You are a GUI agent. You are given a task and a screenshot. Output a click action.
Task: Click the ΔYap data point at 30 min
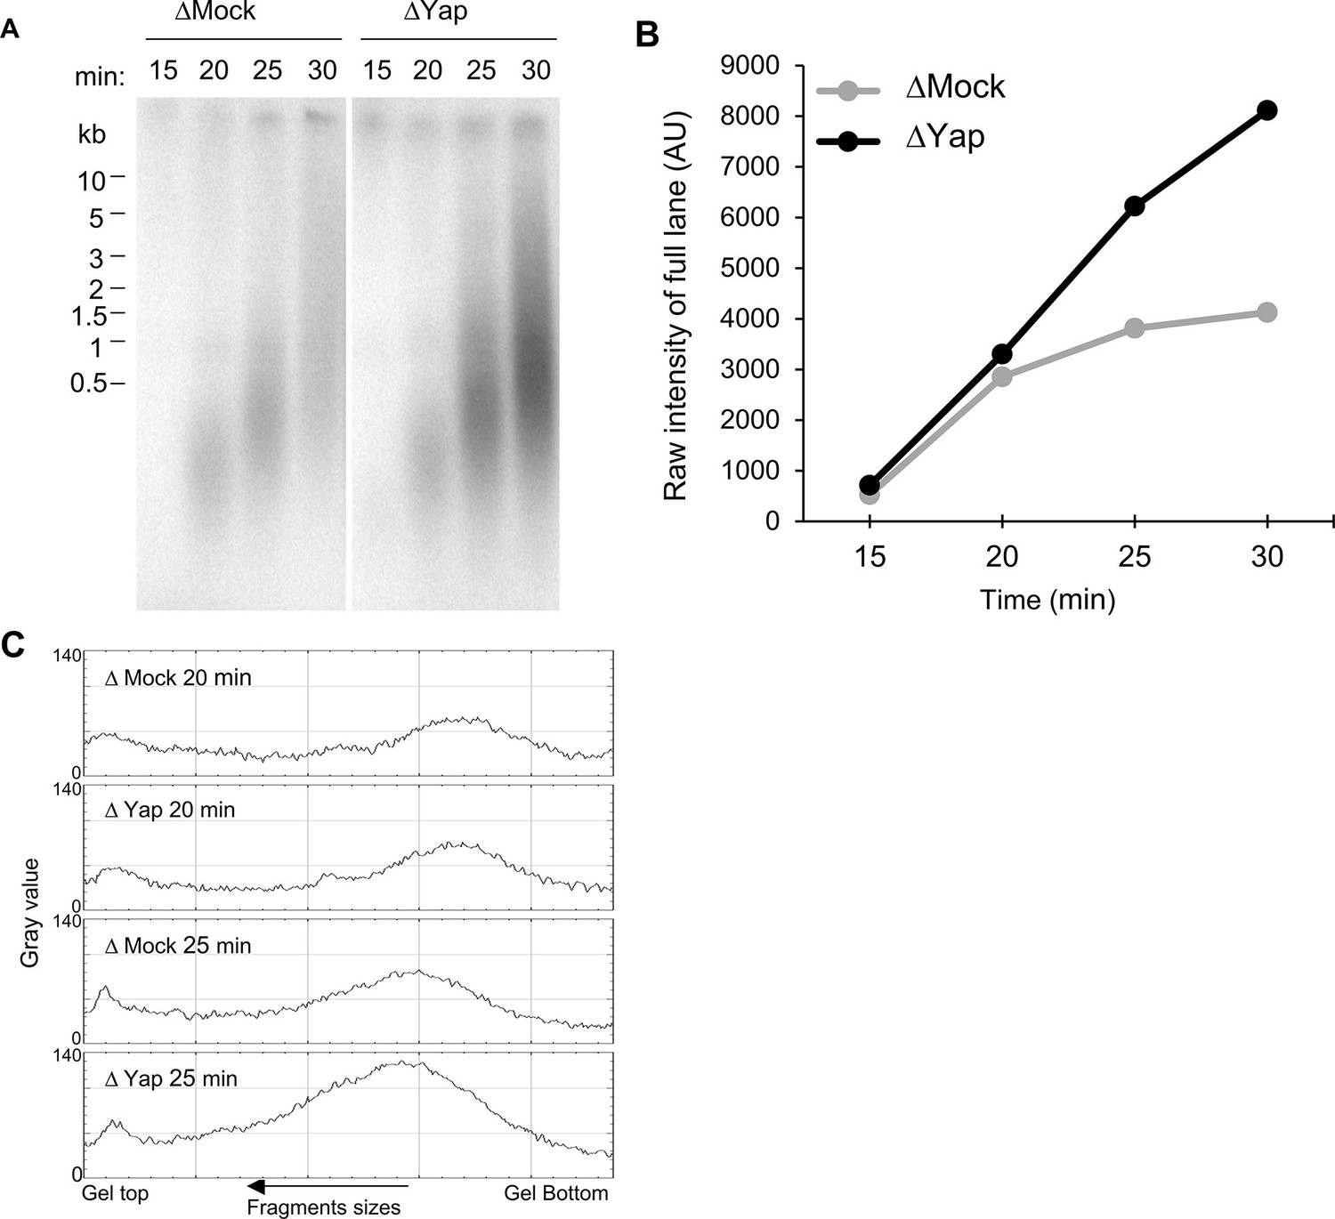[x=1266, y=110]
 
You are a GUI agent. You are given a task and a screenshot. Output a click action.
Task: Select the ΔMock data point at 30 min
[x=1266, y=312]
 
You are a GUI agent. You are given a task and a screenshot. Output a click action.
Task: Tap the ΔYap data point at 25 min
[x=1134, y=206]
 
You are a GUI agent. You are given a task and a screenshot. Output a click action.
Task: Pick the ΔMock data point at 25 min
[x=1134, y=328]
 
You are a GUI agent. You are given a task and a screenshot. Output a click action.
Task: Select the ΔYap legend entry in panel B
[x=943, y=138]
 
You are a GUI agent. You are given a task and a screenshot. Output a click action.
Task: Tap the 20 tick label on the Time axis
[x=1002, y=557]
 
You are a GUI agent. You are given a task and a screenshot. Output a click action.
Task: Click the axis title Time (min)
[x=1047, y=600]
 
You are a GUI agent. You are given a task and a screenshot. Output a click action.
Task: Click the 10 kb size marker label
[x=92, y=182]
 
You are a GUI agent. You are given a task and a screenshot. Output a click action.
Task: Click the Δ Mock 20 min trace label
[x=178, y=678]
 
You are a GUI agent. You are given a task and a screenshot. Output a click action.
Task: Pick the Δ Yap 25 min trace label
[x=172, y=1079]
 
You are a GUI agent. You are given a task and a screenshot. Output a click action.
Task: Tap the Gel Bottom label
[x=556, y=1193]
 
